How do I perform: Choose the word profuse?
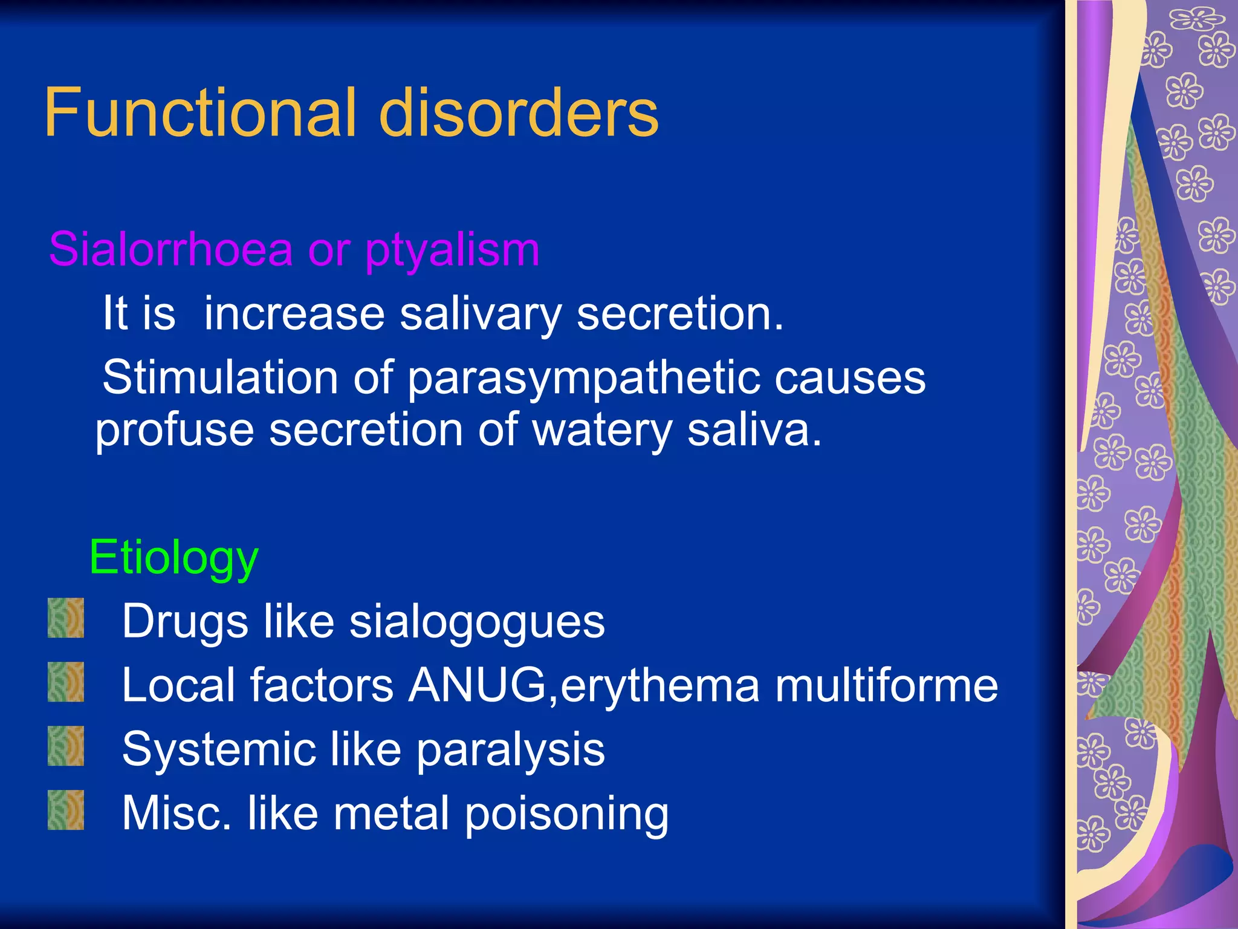[x=175, y=431]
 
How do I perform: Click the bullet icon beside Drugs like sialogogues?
[x=66, y=618]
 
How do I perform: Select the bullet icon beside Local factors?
[x=66, y=682]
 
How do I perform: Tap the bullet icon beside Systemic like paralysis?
[x=66, y=746]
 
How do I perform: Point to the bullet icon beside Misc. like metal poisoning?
[x=66, y=810]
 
